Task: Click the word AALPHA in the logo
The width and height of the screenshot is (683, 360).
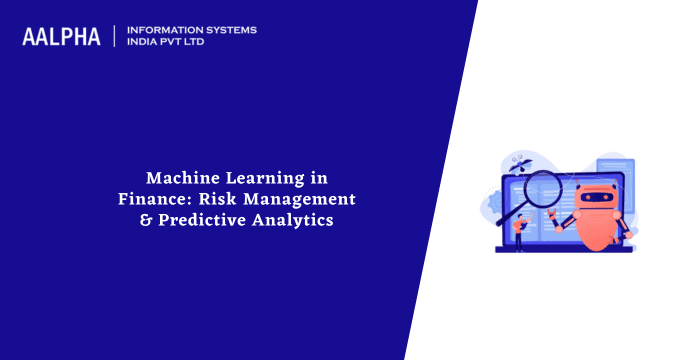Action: click(x=62, y=36)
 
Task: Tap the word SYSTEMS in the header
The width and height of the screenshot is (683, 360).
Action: click(x=230, y=29)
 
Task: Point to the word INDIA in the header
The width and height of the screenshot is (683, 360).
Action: click(x=146, y=42)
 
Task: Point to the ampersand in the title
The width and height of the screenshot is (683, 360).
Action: click(x=145, y=220)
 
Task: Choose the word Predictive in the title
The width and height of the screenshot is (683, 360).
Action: click(x=199, y=220)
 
